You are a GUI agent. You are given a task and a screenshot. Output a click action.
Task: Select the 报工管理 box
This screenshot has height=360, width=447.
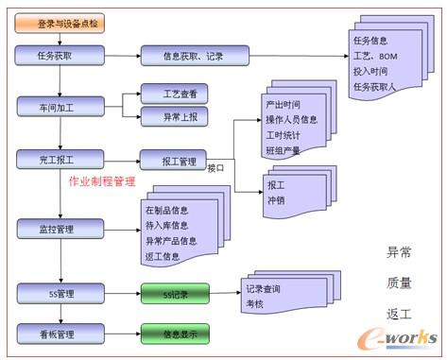tap(173, 160)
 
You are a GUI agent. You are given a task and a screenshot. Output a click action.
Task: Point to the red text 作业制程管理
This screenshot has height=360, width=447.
tap(102, 180)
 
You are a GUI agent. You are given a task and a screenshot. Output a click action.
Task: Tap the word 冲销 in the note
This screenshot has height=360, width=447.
tap(276, 199)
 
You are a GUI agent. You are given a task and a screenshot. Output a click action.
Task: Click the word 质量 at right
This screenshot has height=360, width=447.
tap(399, 282)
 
